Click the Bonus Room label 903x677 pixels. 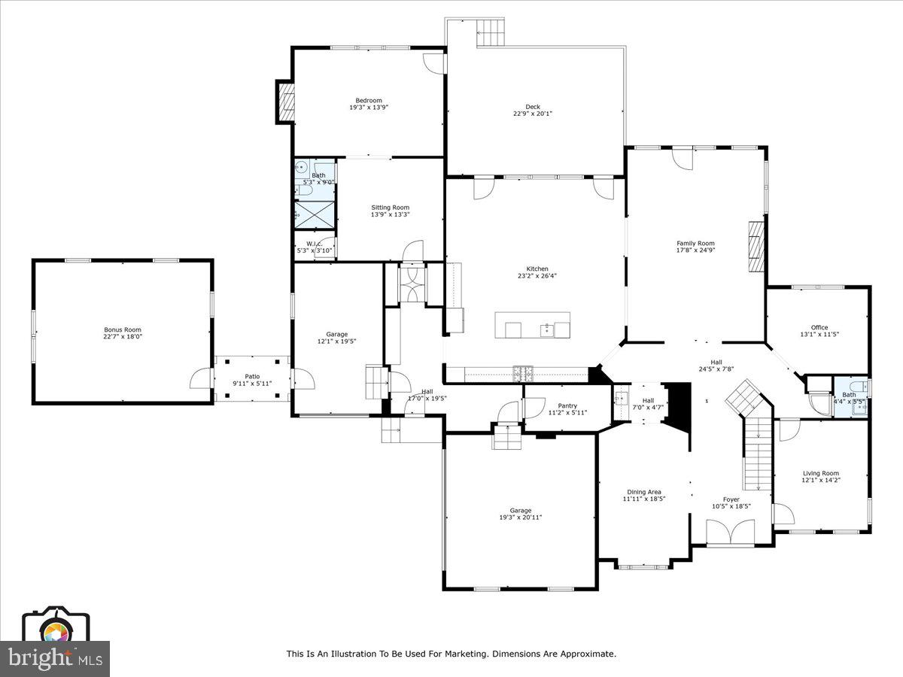click(122, 329)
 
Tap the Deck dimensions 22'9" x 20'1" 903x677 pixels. click(533, 114)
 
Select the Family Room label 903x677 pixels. click(695, 243)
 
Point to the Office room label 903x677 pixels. click(819, 327)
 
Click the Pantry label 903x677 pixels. click(567, 405)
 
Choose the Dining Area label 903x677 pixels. click(643, 492)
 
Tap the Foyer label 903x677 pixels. click(731, 499)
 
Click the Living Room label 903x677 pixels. click(819, 473)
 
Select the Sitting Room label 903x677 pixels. click(390, 208)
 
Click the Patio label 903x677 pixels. click(252, 376)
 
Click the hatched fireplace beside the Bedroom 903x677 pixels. click(286, 102)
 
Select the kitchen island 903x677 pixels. click(532, 325)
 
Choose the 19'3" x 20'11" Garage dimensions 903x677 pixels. click(520, 518)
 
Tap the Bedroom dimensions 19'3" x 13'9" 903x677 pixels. click(369, 108)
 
